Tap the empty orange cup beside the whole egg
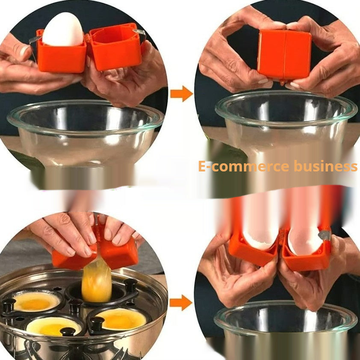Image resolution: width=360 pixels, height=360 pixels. coord(115,48)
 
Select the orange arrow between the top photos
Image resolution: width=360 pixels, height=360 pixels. coord(181,93)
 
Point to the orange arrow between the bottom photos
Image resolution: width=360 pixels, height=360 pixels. coord(180,302)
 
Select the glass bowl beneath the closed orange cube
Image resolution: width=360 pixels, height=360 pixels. coord(286,120)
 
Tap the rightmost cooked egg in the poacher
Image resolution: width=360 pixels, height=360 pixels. coord(121,319)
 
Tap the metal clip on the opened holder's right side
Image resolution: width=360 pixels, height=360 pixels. coord(325,234)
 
